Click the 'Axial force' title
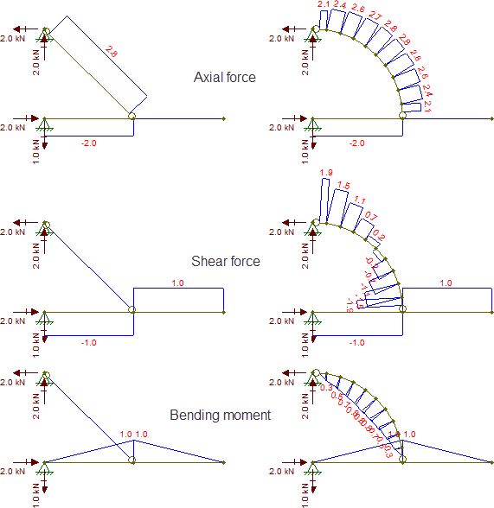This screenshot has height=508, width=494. pyautogui.click(x=224, y=78)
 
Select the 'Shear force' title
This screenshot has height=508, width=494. pyautogui.click(x=225, y=261)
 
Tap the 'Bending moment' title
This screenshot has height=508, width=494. pyautogui.click(x=231, y=415)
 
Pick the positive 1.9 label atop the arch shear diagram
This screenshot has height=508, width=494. pyautogui.click(x=326, y=174)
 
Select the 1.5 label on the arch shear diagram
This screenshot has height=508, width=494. pyautogui.click(x=343, y=186)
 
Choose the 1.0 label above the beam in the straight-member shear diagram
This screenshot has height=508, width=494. pyautogui.click(x=178, y=283)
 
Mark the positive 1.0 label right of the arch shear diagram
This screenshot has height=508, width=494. pyautogui.click(x=446, y=283)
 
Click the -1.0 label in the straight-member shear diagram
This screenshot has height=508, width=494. pyautogui.click(x=88, y=342)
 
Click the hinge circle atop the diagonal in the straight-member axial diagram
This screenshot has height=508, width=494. pyautogui.click(x=47, y=33)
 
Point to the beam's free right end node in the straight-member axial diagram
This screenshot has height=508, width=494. pyautogui.click(x=224, y=117)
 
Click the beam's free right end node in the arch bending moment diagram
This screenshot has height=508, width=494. pyautogui.click(x=491, y=462)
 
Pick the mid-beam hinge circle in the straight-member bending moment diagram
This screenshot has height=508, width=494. pyautogui.click(x=132, y=461)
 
